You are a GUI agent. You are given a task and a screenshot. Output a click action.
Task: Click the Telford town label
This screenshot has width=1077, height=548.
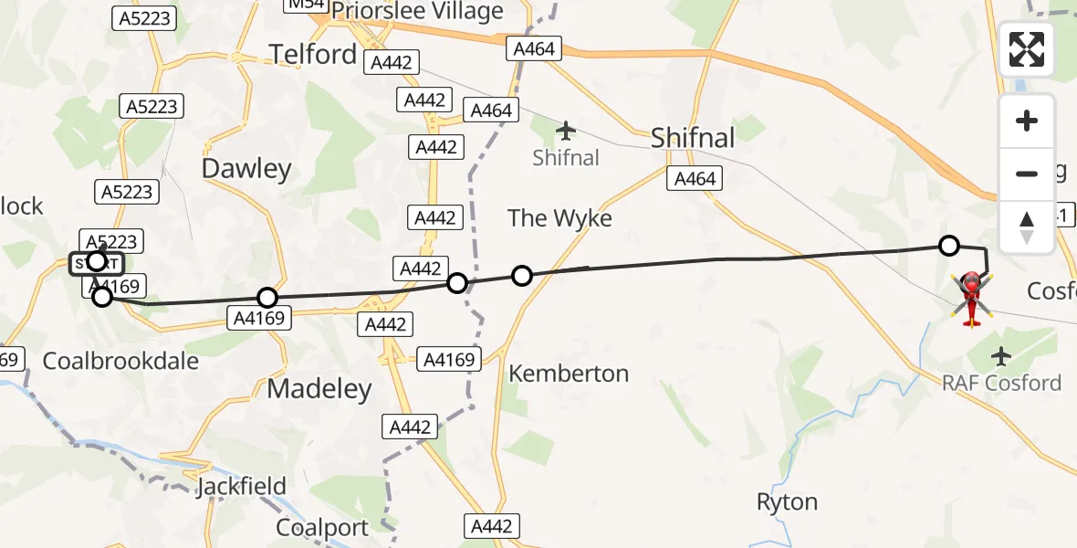coord(313,54)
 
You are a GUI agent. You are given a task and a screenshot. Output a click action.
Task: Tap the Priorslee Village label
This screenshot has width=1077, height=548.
coord(417,11)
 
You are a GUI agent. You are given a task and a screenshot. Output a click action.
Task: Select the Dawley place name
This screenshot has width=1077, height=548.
coord(246,168)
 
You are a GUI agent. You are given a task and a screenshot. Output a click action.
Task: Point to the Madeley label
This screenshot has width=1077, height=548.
coord(319,389)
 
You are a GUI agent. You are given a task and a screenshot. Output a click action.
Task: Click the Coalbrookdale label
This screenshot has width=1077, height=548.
coord(120,360)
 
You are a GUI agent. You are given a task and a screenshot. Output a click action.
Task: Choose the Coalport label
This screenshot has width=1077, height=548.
coord(322,528)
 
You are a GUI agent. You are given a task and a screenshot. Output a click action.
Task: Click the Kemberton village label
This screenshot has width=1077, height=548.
coord(569,373)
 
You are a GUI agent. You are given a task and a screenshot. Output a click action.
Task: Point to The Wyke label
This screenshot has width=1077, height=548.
coord(559,217)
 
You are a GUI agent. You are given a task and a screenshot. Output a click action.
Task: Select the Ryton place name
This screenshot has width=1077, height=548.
coord(787,502)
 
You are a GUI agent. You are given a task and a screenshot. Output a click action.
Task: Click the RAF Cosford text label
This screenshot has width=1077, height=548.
coord(1002,382)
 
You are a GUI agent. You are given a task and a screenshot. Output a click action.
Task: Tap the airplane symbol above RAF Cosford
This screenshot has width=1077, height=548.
coord(1002,354)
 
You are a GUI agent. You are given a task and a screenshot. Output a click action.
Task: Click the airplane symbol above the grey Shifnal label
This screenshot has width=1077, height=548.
coord(566,130)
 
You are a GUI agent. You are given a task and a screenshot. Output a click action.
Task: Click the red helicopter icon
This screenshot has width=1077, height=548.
coord(971,297)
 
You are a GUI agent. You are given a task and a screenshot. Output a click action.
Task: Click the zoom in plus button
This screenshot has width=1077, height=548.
coord(1027,121)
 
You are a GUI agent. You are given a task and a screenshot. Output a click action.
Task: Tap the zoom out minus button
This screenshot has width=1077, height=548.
coord(1027,174)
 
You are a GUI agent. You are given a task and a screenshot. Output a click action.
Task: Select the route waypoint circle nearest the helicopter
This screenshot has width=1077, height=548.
coord(949,245)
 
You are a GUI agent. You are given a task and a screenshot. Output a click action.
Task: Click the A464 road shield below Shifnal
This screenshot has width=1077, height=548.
coord(694,179)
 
